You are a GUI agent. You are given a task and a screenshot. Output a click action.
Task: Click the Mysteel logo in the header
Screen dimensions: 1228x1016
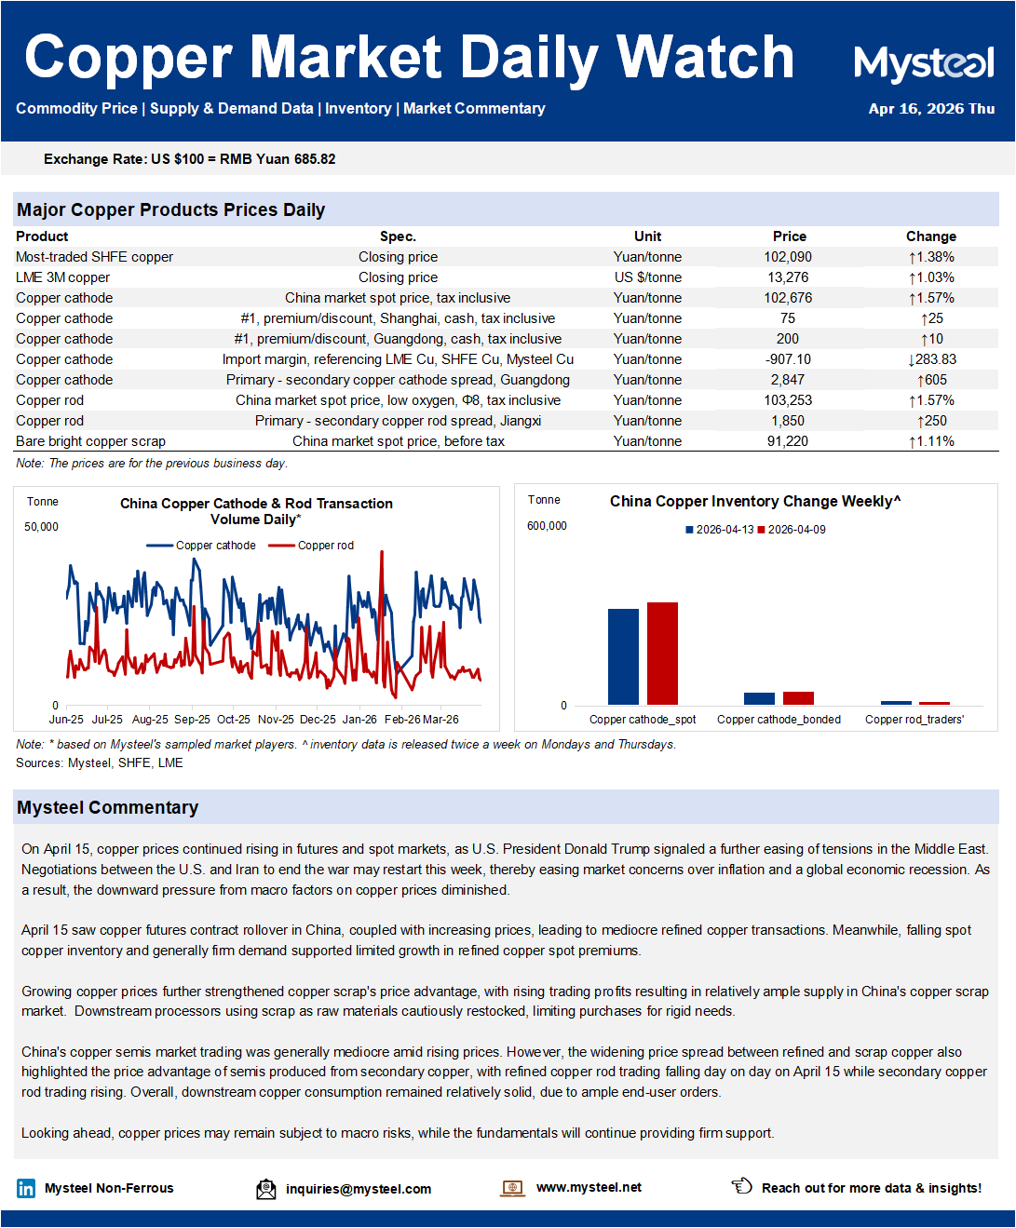tap(924, 63)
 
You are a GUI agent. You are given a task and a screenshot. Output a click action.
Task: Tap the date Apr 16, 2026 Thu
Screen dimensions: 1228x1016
tap(931, 109)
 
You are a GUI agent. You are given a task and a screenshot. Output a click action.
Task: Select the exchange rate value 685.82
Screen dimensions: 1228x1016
tap(315, 159)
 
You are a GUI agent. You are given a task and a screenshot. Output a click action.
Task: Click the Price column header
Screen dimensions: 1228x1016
tap(789, 236)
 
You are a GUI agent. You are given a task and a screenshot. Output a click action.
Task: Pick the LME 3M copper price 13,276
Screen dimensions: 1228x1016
tap(788, 277)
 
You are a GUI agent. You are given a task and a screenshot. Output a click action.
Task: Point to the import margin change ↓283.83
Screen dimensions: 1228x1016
tap(931, 359)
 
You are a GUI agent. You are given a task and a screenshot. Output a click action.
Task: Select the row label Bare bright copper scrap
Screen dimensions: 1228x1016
tap(90, 441)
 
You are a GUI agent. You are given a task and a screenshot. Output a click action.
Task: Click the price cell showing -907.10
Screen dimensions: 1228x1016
tap(788, 359)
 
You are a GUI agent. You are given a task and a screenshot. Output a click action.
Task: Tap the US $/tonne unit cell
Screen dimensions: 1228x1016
tap(647, 277)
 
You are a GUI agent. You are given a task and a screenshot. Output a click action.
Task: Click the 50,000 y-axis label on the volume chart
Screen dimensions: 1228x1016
tap(41, 527)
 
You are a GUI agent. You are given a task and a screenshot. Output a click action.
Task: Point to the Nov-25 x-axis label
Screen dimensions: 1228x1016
tap(276, 720)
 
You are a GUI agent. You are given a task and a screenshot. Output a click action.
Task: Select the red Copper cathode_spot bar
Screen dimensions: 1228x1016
tap(662, 654)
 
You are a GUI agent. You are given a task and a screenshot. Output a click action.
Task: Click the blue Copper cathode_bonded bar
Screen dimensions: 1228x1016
tap(759, 698)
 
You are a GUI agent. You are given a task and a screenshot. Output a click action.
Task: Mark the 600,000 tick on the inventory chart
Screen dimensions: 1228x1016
tap(547, 526)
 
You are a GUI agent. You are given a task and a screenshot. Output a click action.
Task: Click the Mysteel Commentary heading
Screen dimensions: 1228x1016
tap(108, 807)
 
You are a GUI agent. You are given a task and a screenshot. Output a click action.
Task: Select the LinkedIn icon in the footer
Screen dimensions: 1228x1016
tap(26, 1188)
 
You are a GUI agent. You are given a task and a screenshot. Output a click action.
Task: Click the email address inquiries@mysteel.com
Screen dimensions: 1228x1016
tap(359, 1189)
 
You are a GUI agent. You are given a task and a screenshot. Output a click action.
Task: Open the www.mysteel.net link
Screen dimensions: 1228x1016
tap(589, 1187)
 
